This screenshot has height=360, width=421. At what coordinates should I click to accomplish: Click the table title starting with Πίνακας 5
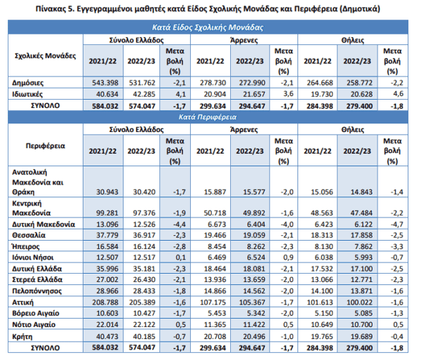[208, 9]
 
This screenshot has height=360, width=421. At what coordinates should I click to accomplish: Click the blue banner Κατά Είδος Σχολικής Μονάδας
[208, 27]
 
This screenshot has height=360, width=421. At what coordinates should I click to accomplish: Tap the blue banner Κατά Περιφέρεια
[208, 117]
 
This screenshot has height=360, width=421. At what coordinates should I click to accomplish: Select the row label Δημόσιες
[27, 83]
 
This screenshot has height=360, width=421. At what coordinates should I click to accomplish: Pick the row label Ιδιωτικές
[27, 94]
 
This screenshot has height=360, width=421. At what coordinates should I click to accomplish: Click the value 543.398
[105, 83]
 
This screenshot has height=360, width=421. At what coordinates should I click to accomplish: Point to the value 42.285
[142, 94]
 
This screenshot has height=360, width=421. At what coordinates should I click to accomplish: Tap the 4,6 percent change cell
[398, 94]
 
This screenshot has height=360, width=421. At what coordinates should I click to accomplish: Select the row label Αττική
[23, 302]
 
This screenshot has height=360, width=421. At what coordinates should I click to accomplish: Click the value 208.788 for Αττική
[105, 302]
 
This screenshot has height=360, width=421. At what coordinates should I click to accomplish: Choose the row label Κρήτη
[22, 336]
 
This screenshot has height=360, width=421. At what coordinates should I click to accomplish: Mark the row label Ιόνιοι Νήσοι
[33, 258]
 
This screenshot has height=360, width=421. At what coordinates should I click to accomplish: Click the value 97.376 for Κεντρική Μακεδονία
[144, 213]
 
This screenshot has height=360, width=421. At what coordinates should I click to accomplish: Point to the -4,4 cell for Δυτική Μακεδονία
[180, 224]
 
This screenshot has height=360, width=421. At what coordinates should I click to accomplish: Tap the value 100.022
[359, 302]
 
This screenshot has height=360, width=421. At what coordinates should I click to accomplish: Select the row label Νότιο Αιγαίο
[34, 325]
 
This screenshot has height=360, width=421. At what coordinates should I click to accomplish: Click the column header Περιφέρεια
[46, 146]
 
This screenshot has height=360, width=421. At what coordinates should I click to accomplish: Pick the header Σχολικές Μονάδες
[46, 56]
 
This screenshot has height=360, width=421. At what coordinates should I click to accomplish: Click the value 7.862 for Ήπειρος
[363, 246]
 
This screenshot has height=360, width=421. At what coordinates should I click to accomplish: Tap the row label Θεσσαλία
[29, 235]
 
